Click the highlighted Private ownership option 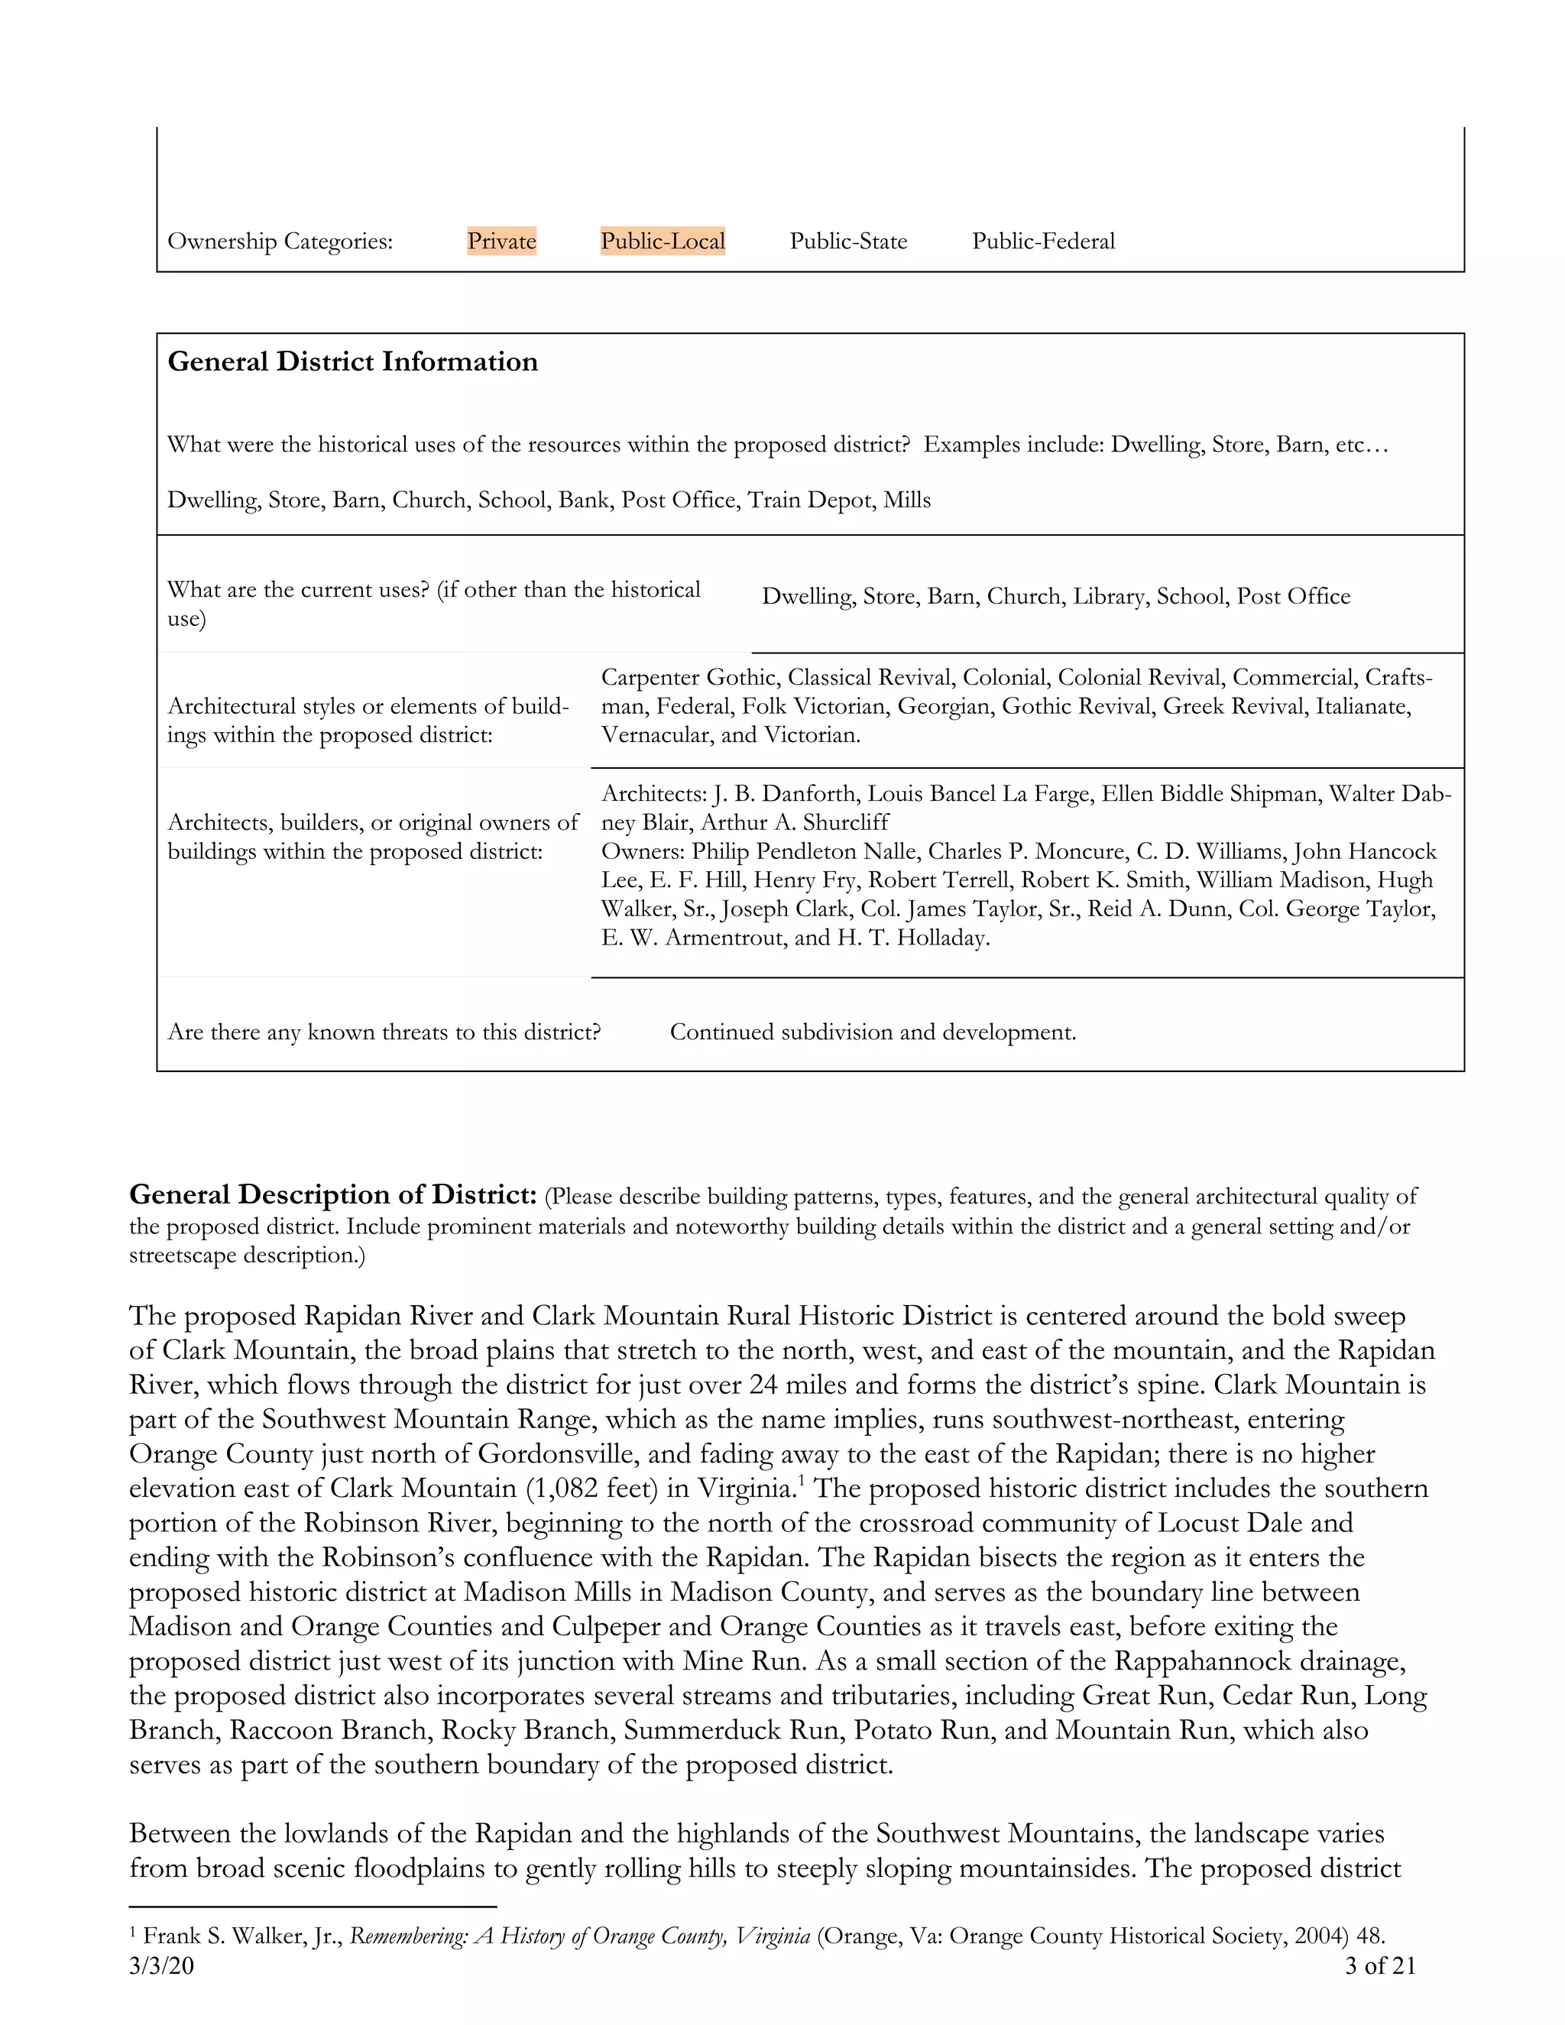click(x=501, y=241)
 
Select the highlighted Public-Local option click(x=662, y=241)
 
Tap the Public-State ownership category click(x=848, y=241)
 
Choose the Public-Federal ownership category click(x=1043, y=241)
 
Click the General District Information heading click(x=352, y=361)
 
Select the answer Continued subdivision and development click(x=873, y=1032)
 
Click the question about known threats click(x=384, y=1032)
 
